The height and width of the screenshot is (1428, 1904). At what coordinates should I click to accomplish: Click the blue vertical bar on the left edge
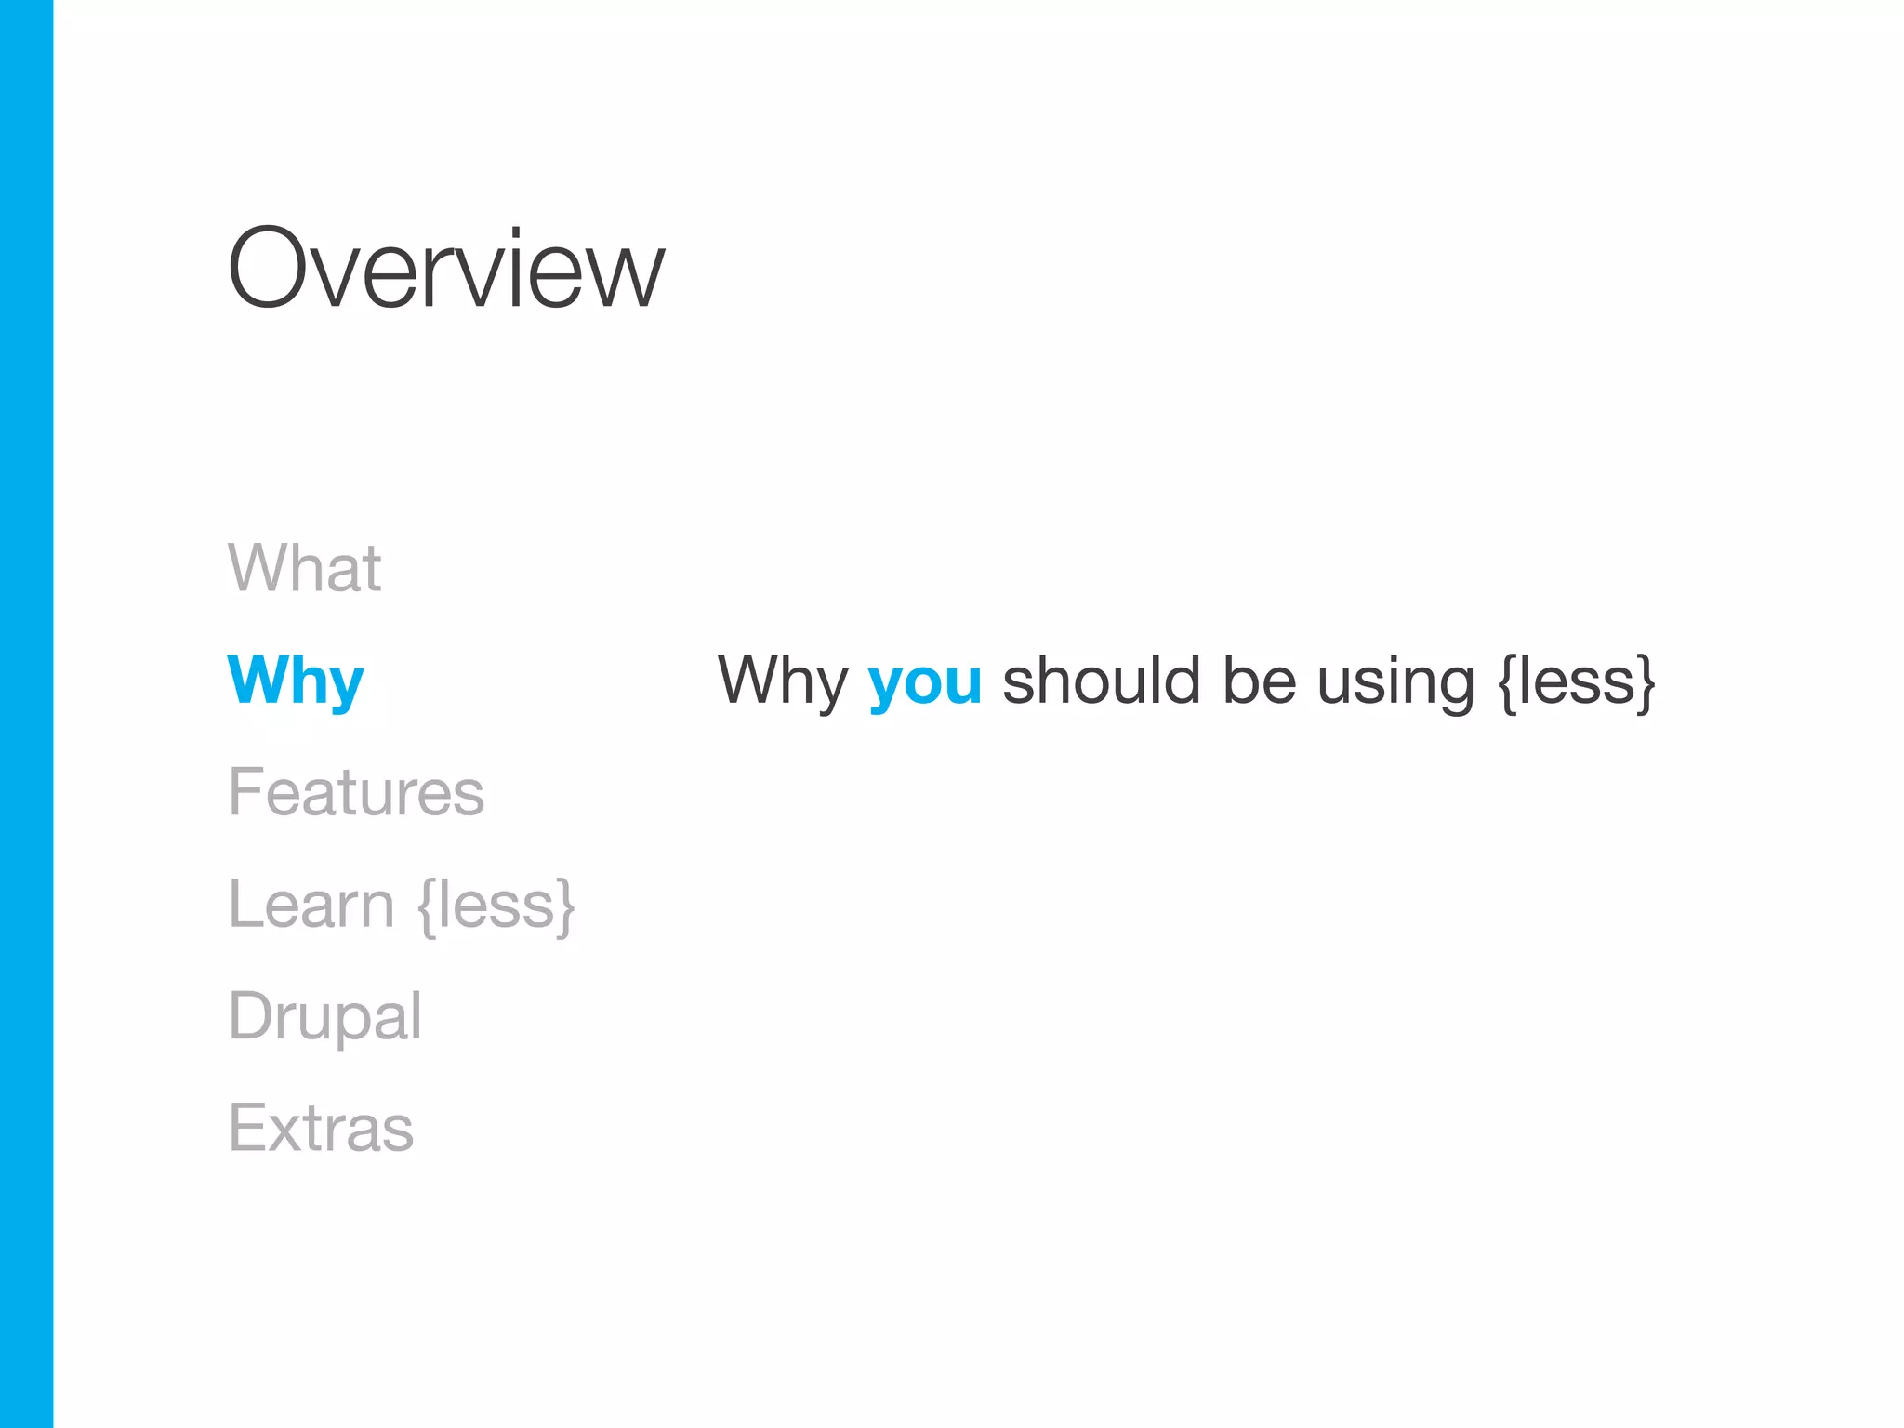[x=26, y=714]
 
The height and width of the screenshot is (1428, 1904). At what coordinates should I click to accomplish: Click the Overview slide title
[x=446, y=270]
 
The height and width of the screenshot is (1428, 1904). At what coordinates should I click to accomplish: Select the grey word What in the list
[x=304, y=567]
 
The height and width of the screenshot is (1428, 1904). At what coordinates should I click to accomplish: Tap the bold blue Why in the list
[x=296, y=681]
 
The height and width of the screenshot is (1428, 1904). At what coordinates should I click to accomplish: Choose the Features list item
[x=356, y=792]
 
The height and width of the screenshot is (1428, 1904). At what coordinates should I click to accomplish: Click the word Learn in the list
[x=311, y=904]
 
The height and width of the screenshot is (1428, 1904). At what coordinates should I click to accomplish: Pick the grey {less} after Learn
[x=496, y=906]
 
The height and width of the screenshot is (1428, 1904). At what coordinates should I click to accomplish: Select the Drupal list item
[x=324, y=1017]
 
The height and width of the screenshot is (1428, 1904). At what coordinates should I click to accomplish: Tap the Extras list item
[x=321, y=1129]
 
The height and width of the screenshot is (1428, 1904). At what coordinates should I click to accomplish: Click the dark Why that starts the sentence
[x=782, y=681]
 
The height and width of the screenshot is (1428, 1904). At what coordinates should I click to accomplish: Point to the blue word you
[x=924, y=683]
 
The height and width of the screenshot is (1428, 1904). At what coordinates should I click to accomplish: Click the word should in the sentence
[x=1102, y=681]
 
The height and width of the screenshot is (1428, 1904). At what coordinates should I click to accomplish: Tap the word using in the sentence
[x=1395, y=683]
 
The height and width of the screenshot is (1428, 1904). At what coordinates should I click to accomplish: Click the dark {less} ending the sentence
[x=1578, y=682]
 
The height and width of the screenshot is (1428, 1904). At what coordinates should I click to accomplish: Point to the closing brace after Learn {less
[x=564, y=906]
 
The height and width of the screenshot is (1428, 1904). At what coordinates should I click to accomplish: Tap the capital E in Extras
[x=245, y=1128]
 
